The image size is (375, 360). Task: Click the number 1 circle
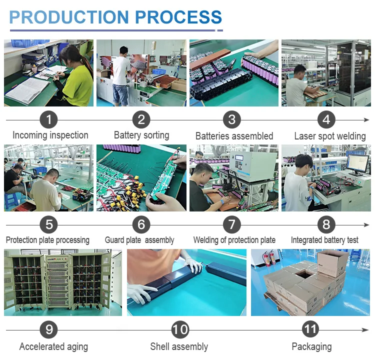(48, 120)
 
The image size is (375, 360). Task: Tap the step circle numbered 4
(326, 120)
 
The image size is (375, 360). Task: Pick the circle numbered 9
(48, 330)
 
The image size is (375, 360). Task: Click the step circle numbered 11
(310, 330)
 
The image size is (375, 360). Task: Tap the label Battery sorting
(141, 135)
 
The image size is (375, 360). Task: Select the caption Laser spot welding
(329, 136)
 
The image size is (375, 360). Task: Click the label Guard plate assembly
(139, 240)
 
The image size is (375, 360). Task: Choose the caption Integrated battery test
(324, 240)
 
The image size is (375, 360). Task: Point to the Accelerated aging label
(53, 346)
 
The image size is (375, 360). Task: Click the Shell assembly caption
(179, 346)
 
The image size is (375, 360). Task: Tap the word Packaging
(311, 346)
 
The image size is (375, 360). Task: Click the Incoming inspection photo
(48, 73)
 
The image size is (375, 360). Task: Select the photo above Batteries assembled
(234, 73)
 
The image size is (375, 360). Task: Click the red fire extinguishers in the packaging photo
(271, 257)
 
